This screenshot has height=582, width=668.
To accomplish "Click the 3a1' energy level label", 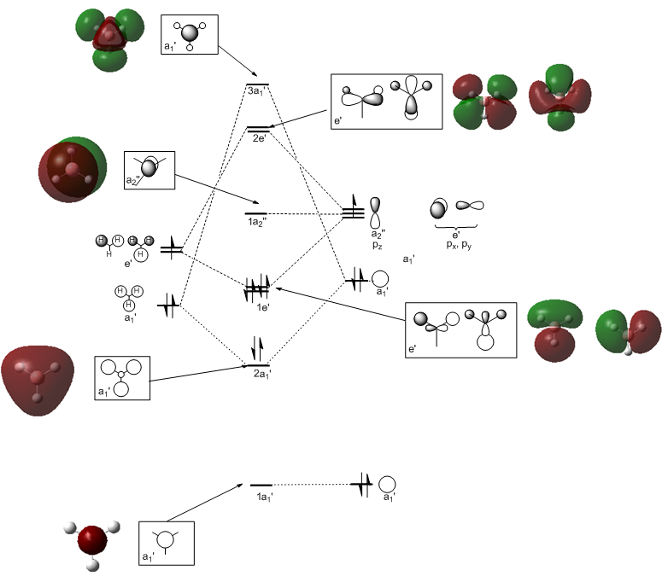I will [x=257, y=90].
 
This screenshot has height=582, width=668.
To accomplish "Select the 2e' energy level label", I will [x=258, y=138].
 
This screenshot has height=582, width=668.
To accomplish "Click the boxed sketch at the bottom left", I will [x=167, y=544].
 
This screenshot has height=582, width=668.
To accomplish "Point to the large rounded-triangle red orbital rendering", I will [x=37, y=376].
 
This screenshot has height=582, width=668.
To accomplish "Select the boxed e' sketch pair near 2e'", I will [x=386, y=101].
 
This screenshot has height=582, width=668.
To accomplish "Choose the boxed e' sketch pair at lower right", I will [x=461, y=329].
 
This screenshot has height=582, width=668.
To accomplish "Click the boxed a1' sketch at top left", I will [x=189, y=35].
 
